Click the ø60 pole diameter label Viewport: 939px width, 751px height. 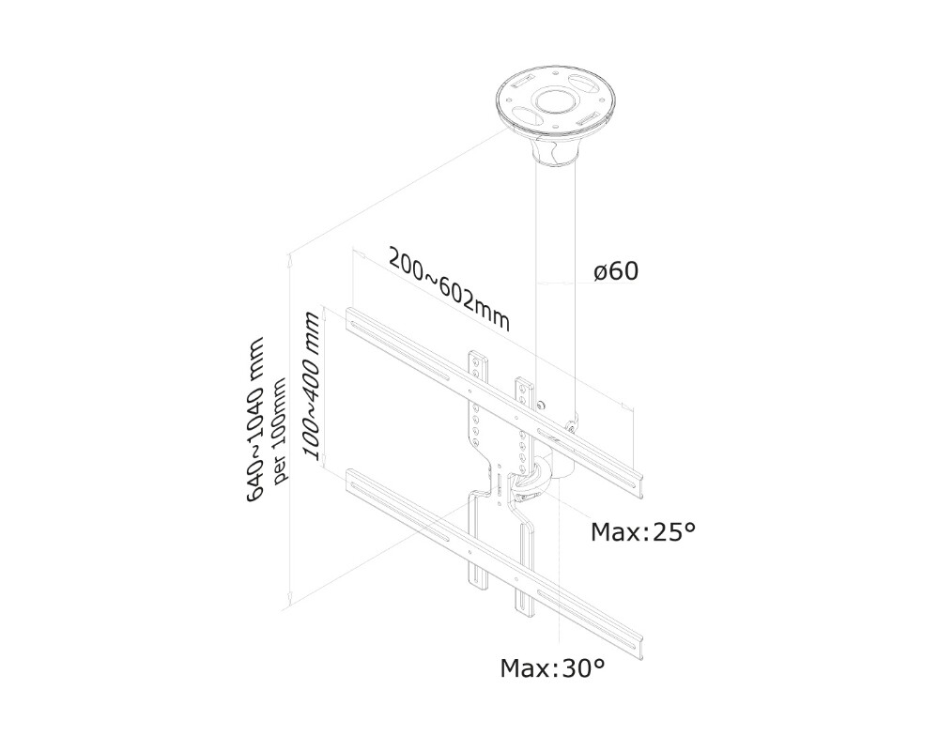tap(616, 271)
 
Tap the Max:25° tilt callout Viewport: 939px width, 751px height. tap(643, 533)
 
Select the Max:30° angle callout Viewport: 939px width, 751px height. tap(551, 668)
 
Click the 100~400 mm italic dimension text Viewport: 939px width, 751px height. tap(313, 387)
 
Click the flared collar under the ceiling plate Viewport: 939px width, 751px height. tap(554, 150)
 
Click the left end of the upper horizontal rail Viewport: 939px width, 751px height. tap(352, 320)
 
